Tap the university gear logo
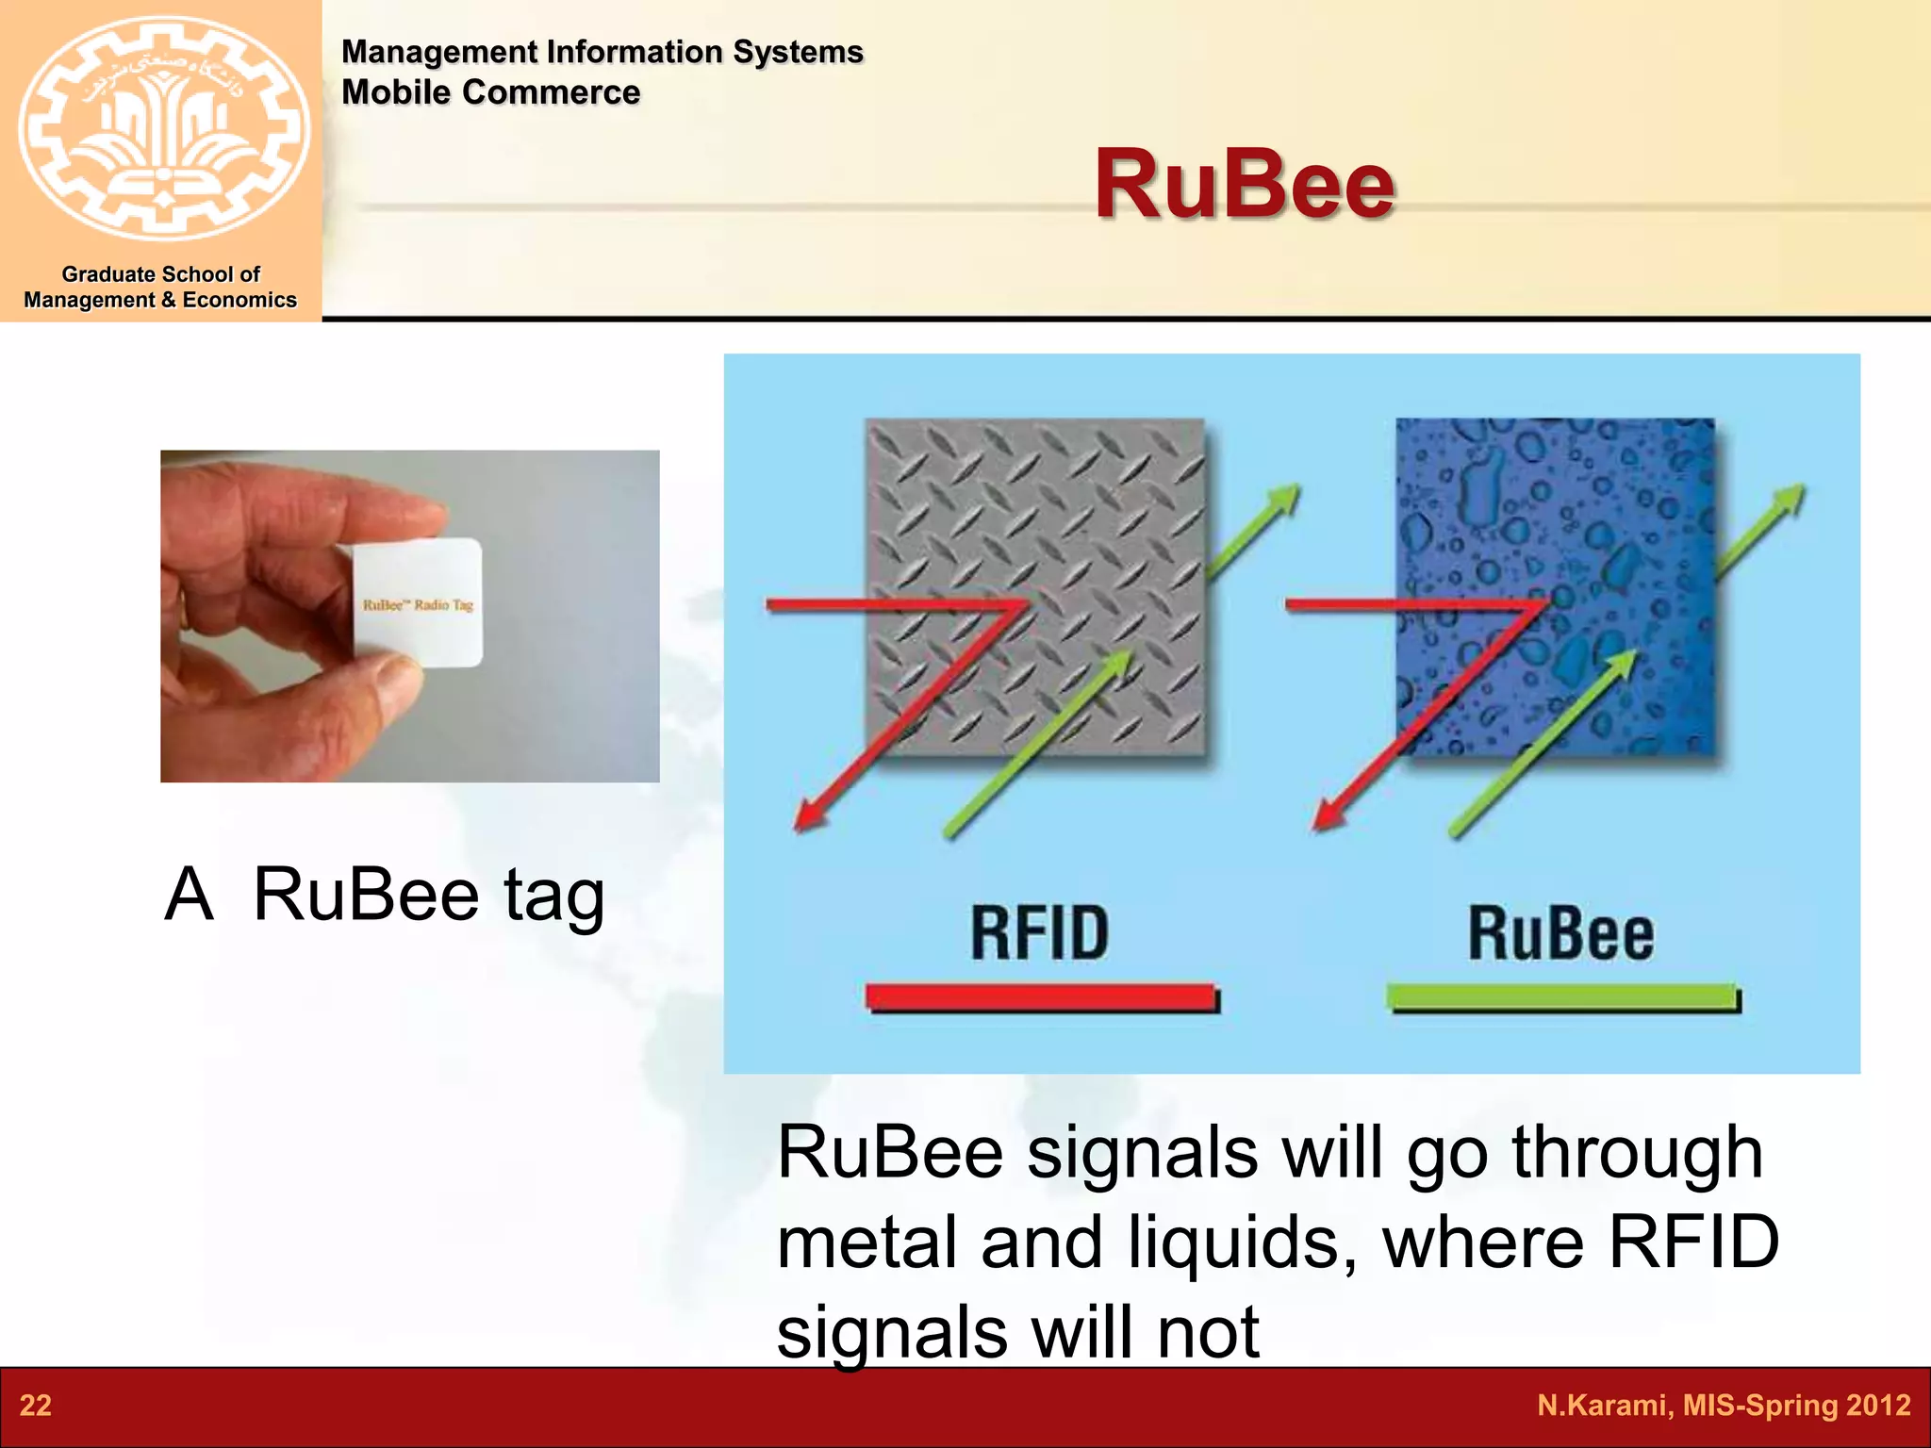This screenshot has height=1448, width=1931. [x=163, y=129]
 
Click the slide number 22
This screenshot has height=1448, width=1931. [x=36, y=1406]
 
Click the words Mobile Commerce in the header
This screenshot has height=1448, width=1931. [x=490, y=92]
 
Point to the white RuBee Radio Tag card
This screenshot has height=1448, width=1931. [x=419, y=603]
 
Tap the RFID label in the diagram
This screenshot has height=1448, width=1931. [x=1039, y=933]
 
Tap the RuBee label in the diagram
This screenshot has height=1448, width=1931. [x=1560, y=933]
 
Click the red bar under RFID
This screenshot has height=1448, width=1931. [x=1041, y=997]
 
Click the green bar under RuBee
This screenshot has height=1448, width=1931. [x=1562, y=997]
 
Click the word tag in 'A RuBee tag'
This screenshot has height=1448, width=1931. [x=553, y=896]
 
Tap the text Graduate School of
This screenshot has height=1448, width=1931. [x=160, y=274]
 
